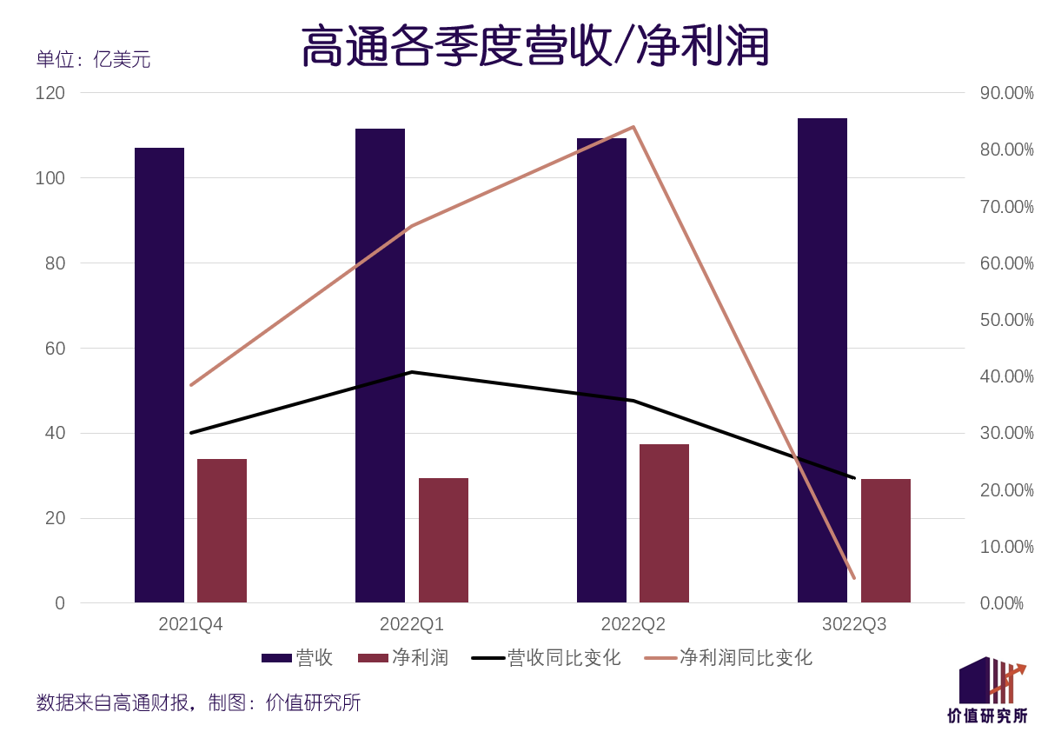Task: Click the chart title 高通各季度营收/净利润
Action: (x=534, y=46)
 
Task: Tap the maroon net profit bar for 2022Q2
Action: (x=664, y=522)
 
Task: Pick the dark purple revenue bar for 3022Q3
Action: (x=822, y=360)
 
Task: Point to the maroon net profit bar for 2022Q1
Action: (x=443, y=540)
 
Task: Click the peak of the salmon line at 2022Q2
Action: (x=633, y=127)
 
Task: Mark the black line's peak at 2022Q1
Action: (x=412, y=372)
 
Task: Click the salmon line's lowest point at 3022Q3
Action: (x=854, y=577)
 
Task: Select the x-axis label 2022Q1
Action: (x=412, y=624)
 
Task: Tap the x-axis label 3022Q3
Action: (x=854, y=624)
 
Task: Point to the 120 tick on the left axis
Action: (x=50, y=92)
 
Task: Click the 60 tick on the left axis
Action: (x=55, y=348)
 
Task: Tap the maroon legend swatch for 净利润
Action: (x=372, y=658)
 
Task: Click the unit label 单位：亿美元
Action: (x=93, y=60)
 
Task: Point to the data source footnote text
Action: (x=198, y=702)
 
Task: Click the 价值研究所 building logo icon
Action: (x=991, y=681)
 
